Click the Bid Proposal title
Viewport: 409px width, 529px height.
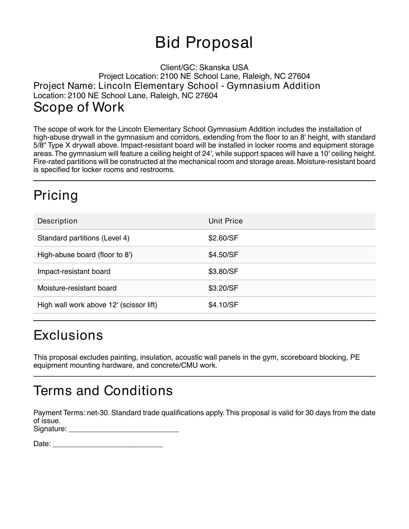tap(204, 43)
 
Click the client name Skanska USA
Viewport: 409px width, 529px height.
tap(224, 67)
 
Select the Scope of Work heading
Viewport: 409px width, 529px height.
tap(79, 107)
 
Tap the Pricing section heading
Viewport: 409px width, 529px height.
tap(56, 195)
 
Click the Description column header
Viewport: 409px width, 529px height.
tap(57, 221)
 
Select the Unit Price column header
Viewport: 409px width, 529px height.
tap(226, 221)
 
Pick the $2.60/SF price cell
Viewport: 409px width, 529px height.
tap(223, 238)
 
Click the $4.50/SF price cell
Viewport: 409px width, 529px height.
tap(223, 255)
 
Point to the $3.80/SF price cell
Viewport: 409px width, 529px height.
tap(223, 272)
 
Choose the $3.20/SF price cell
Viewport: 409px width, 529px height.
tap(223, 288)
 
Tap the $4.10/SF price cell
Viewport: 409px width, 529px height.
tap(223, 305)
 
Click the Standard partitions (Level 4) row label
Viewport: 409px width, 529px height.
tap(83, 238)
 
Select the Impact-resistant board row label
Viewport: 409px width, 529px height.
tap(74, 272)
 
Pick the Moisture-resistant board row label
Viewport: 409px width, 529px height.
tap(77, 288)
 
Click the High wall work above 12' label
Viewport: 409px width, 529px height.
tap(97, 305)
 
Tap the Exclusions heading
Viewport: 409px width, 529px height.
tap(68, 335)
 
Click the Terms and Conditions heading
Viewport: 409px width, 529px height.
tap(103, 391)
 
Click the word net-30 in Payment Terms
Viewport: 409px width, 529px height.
tap(98, 413)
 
